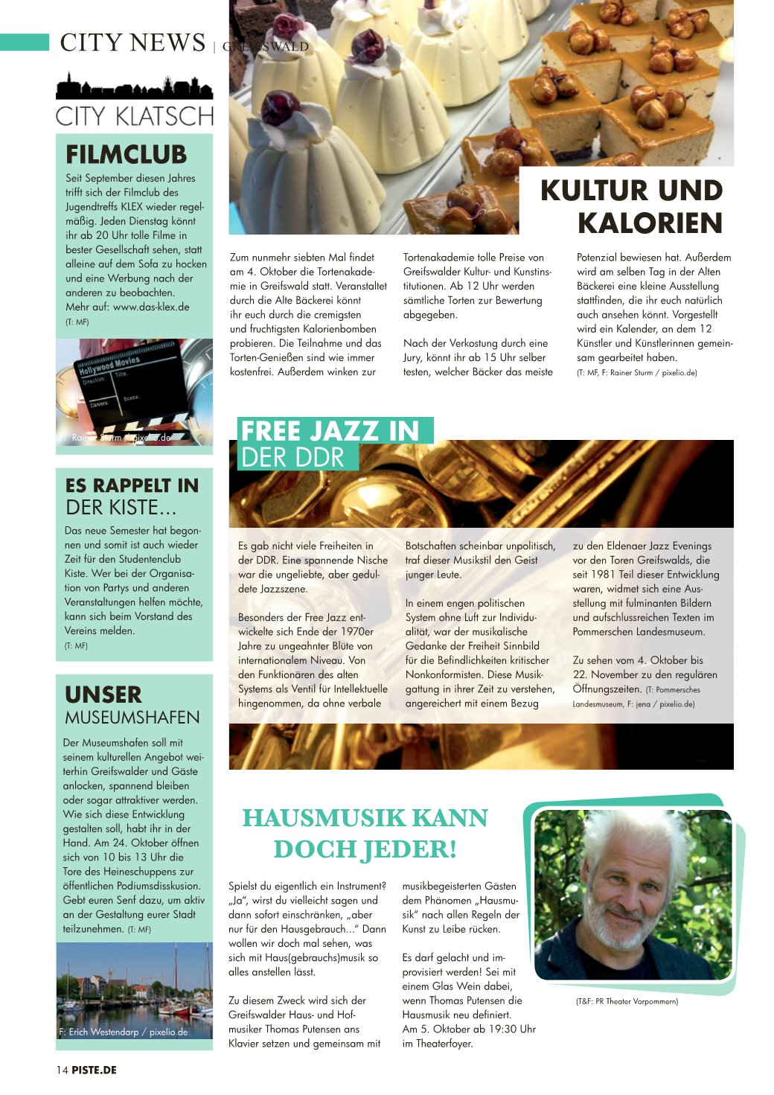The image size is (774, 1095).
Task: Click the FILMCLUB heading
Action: coord(126,154)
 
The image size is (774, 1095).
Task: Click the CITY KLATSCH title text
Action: coord(135,116)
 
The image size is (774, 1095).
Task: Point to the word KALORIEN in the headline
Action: coord(650,223)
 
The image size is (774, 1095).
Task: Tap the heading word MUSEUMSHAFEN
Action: coord(132,718)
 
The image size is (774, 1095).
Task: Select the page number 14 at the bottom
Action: coord(62,1070)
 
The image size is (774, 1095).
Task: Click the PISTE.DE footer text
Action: coord(95,1070)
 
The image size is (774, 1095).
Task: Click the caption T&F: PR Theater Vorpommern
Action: coord(627,1001)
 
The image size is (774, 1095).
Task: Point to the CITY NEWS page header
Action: coord(132,42)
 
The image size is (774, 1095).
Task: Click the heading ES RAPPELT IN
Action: coord(132,485)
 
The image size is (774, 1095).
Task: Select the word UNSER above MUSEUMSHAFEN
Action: coord(103,695)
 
